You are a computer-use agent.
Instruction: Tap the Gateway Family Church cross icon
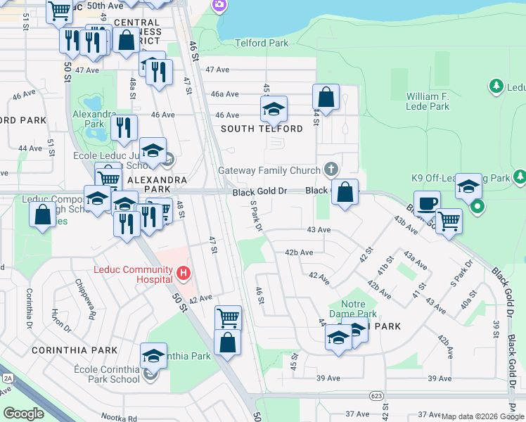pos(331,169)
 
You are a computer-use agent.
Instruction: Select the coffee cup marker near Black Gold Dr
pos(426,204)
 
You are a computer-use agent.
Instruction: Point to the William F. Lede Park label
pos(428,101)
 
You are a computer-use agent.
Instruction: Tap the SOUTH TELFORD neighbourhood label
pos(262,129)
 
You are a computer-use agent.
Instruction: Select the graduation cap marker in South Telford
pos(274,109)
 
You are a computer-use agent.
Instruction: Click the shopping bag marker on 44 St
pos(326,97)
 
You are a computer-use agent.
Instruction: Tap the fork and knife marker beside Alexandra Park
pos(123,128)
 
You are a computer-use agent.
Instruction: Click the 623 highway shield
pos(377,397)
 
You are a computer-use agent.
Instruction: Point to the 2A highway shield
pos(8,378)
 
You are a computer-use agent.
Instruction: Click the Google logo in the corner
pos(23,414)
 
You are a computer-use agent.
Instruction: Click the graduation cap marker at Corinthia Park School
pos(153,356)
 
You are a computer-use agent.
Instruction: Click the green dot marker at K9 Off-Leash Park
pos(477,206)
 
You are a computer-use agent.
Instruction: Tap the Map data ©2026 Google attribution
pos(482,417)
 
